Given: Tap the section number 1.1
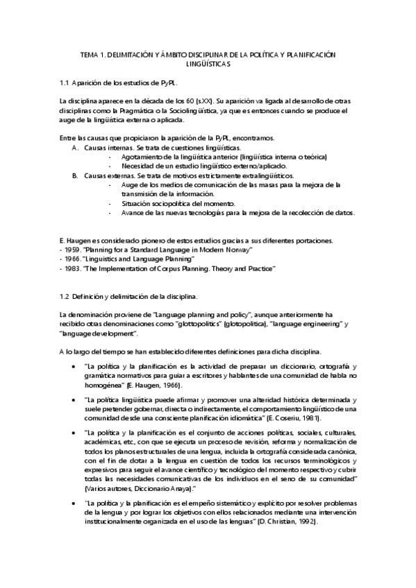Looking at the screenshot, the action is tap(66, 83).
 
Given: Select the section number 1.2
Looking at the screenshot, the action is tap(66, 297).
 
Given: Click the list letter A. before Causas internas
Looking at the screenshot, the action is tap(76, 148).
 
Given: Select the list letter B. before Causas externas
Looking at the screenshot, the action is tap(76, 176).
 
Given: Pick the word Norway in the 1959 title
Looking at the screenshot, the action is tap(238, 249).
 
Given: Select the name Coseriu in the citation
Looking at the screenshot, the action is tap(269, 420).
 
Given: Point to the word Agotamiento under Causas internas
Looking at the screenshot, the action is tap(142, 157).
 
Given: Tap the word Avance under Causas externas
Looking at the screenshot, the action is tap(133, 213).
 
